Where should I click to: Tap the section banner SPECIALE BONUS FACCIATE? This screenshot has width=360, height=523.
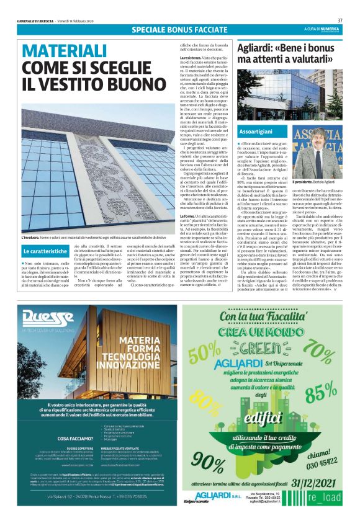point(179,30)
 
